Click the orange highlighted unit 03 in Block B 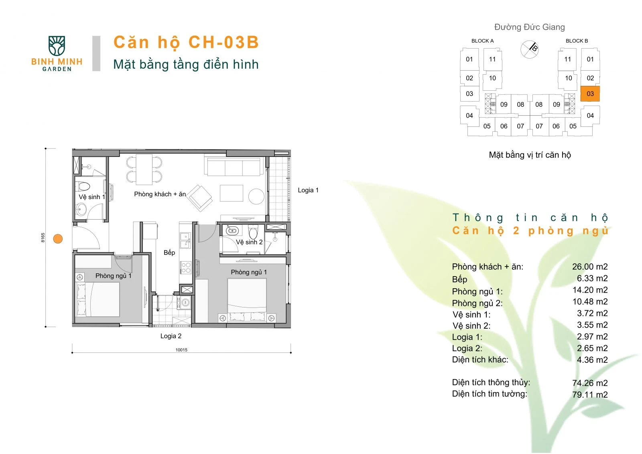[590, 94]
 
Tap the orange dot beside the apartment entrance [58, 238]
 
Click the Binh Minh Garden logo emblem [57, 46]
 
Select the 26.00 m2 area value [590, 267]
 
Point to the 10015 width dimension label [181, 350]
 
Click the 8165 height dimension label [43, 238]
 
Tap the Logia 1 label [308, 190]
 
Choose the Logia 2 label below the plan [171, 336]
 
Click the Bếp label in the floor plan [169, 252]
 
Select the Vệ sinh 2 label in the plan [249, 242]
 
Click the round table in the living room [256, 196]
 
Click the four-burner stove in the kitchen [186, 268]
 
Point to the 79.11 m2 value [590, 395]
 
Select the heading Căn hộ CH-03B [186, 42]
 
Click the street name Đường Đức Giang [530, 27]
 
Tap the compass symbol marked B [530, 49]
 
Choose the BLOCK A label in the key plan [483, 41]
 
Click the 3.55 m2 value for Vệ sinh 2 [592, 325]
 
